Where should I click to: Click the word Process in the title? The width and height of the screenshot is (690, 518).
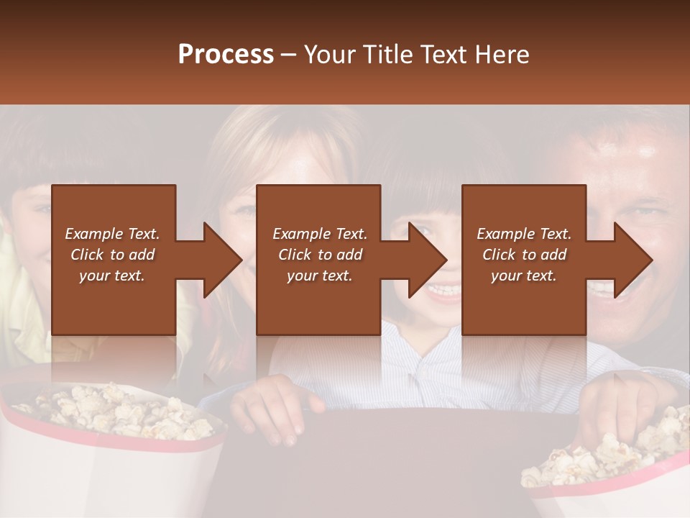[x=226, y=55]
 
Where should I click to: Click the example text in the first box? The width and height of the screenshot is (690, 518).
[x=112, y=255]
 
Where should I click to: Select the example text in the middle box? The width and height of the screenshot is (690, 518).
[x=319, y=255]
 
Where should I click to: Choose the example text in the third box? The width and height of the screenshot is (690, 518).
[x=523, y=255]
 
